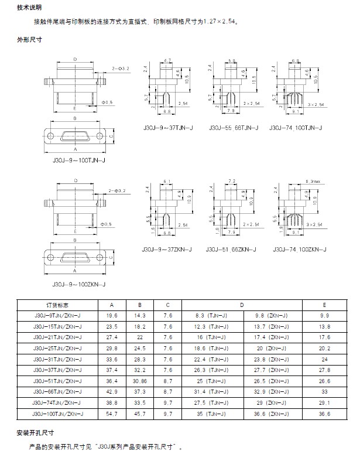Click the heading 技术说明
point(29,7)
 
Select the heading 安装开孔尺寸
point(36,432)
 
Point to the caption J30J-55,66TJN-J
point(232,127)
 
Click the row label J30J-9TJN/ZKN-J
point(58,315)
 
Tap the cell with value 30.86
point(140,381)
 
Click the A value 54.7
point(112,414)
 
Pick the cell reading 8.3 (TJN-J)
point(211,315)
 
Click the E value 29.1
point(324,403)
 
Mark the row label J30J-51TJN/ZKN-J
point(58,381)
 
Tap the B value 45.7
point(140,414)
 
